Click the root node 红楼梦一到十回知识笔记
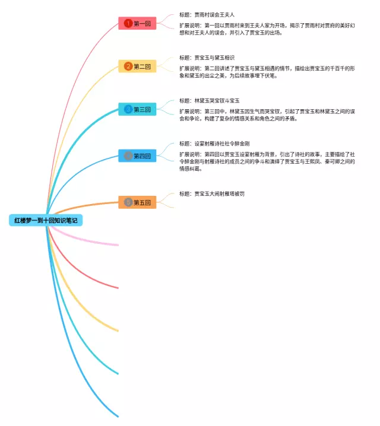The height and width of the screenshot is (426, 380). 46,220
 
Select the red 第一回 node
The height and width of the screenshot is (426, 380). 137,23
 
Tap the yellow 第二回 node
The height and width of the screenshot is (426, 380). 137,66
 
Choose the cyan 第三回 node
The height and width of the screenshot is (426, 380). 137,109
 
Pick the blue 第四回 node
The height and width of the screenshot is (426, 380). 137,156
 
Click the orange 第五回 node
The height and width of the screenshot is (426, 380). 137,202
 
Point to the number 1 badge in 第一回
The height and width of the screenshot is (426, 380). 128,23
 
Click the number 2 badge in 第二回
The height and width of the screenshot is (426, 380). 128,66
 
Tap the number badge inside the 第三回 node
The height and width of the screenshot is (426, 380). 128,109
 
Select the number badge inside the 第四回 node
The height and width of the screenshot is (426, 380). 128,156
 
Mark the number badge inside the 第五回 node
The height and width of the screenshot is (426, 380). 128,202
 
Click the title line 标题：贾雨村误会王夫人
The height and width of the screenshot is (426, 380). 208,15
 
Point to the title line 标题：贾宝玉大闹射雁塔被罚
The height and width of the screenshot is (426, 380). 211,193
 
